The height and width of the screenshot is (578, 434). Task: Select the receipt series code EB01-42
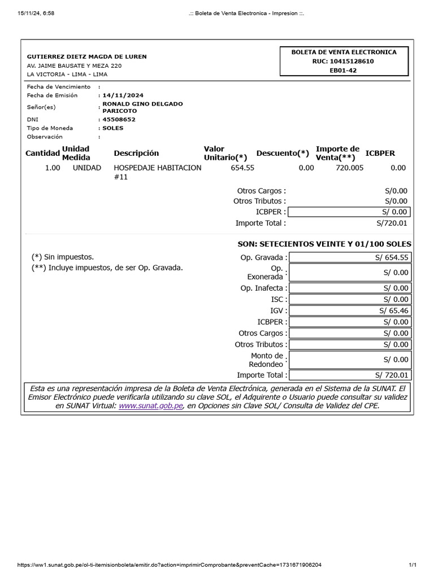[344, 71]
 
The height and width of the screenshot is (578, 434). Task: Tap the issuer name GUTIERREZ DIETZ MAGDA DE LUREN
[87, 56]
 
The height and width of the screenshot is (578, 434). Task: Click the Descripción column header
[136, 153]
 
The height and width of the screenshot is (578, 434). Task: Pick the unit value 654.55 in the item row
[242, 168]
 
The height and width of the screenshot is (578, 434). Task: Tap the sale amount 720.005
[350, 168]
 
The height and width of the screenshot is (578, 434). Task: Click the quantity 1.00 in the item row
[53, 168]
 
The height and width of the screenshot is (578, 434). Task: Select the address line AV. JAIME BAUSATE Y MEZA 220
[74, 65]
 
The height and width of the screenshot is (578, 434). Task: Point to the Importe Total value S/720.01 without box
[392, 223]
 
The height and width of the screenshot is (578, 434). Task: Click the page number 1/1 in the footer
[413, 564]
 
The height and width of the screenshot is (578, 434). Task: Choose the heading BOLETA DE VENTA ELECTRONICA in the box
[344, 52]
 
